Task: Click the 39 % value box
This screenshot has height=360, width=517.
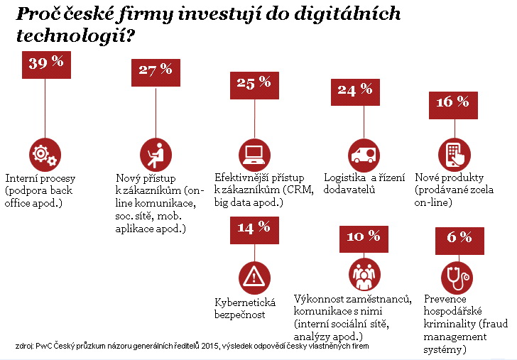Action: pyautogui.click(x=46, y=63)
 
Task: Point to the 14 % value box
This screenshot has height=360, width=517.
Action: pyautogui.click(x=254, y=229)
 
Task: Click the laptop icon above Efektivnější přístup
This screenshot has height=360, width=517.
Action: pyautogui.click(x=254, y=153)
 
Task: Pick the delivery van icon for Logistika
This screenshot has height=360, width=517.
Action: pyautogui.click(x=363, y=153)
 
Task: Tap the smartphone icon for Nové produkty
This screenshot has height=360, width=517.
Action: pyautogui.click(x=455, y=153)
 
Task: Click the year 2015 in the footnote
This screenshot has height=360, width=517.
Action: pyautogui.click(x=209, y=346)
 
